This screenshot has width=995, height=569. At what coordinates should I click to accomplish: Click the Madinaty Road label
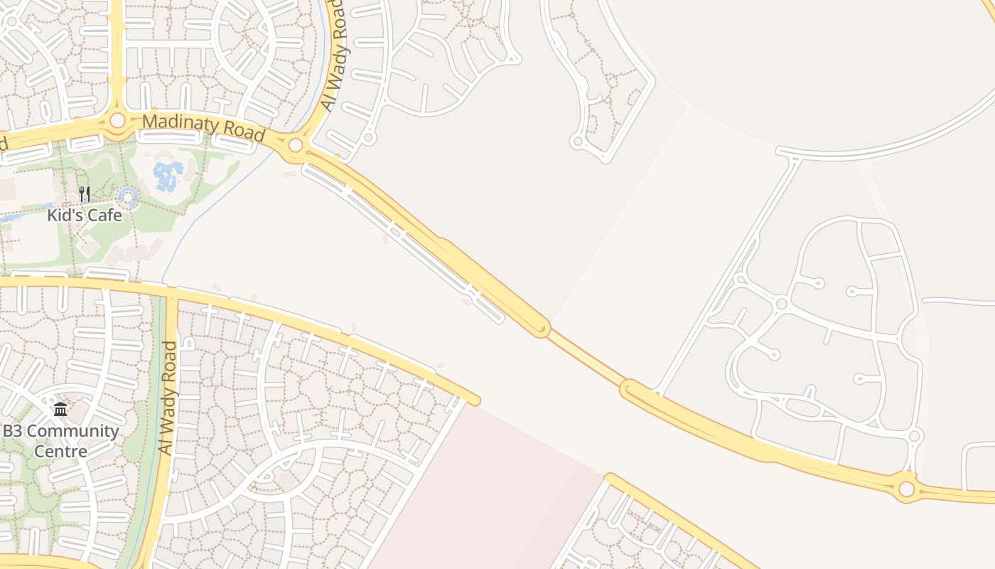click(x=203, y=127)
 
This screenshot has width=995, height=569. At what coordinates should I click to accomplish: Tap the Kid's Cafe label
click(x=85, y=215)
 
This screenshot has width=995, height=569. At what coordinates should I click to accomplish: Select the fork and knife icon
click(x=85, y=193)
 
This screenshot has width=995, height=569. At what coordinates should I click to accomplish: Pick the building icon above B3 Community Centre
click(x=60, y=410)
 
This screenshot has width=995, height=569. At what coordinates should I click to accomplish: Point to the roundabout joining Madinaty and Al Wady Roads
click(x=296, y=147)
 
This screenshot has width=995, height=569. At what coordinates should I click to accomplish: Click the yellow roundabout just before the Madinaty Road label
click(x=117, y=121)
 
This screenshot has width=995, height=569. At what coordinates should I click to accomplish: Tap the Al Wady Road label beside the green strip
click(x=168, y=398)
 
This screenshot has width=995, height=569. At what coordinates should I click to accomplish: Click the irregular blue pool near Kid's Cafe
click(x=168, y=175)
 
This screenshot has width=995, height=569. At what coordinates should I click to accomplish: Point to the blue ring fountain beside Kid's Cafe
click(x=128, y=198)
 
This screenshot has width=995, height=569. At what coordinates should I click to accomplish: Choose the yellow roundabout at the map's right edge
click(x=906, y=489)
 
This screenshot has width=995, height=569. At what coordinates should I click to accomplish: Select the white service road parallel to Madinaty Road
click(x=405, y=242)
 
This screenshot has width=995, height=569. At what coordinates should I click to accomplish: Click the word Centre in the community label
click(x=60, y=451)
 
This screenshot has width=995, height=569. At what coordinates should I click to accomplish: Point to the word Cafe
click(x=104, y=215)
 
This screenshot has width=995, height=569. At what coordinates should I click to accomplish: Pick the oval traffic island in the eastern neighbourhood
click(x=802, y=407)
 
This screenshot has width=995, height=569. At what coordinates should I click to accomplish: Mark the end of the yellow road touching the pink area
click(x=472, y=400)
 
